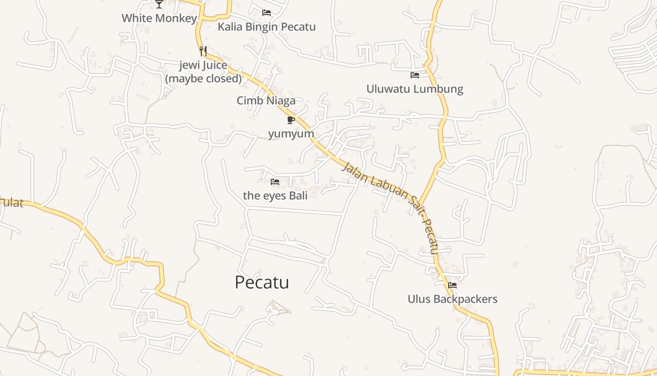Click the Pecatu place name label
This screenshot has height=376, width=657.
(x=262, y=282)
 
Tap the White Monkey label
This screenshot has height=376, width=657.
(x=159, y=18)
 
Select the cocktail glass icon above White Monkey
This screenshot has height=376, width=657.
(x=159, y=4)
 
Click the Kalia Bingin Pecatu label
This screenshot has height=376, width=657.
(x=267, y=27)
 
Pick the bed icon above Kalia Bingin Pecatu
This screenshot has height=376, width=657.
(x=267, y=13)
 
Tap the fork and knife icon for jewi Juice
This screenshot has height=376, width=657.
(x=203, y=51)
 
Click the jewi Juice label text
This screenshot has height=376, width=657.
(x=203, y=65)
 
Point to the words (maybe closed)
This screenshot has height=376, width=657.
(x=203, y=78)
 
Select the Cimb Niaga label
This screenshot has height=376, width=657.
(x=266, y=101)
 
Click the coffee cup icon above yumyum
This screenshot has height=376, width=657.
(x=291, y=120)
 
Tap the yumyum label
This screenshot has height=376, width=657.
(x=291, y=133)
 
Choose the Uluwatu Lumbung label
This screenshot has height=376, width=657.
(x=415, y=89)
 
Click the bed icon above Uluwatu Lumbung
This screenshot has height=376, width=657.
(x=415, y=75)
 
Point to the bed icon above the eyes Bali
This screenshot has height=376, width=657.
(x=275, y=181)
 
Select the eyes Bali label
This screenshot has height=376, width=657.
(x=275, y=195)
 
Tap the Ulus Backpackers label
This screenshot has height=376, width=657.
(x=452, y=299)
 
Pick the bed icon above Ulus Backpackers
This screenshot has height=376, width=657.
(x=452, y=285)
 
